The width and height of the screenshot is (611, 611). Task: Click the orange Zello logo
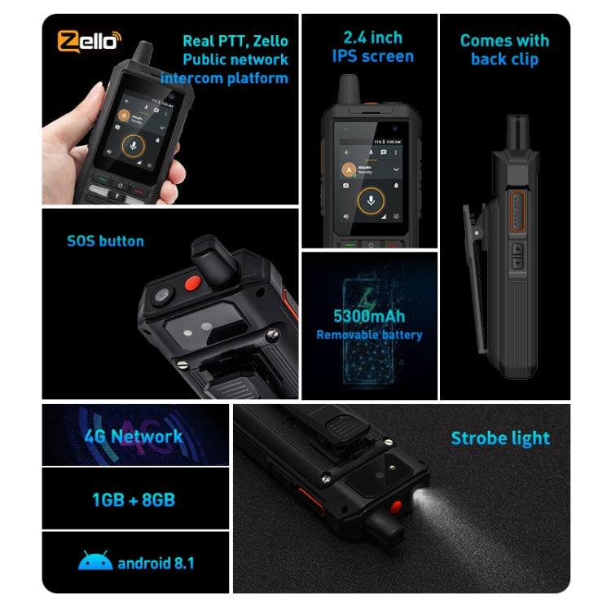89,41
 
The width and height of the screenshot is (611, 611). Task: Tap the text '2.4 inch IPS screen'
373,46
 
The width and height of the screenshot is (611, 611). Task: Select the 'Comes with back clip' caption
504,49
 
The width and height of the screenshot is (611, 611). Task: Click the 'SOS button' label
105,241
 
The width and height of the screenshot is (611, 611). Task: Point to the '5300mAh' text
369,316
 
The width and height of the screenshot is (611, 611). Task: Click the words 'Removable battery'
369,334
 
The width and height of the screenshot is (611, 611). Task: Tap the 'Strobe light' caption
500,438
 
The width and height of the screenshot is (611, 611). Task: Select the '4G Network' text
134,436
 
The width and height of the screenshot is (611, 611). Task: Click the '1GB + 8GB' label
134,499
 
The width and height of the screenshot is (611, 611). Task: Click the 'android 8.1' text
156,562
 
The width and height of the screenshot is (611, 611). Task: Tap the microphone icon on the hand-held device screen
130,145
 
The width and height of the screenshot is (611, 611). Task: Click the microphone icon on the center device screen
371,200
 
